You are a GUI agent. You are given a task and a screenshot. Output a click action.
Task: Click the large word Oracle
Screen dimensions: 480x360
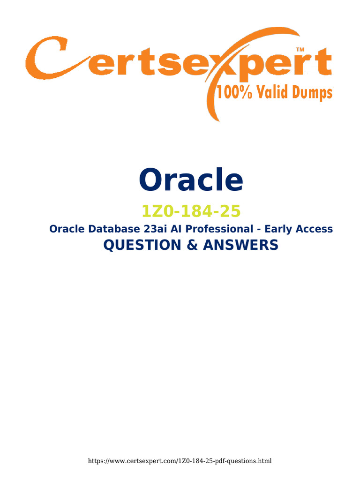tap(191, 180)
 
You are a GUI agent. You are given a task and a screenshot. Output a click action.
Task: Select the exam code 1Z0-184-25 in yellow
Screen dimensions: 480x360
tap(191, 211)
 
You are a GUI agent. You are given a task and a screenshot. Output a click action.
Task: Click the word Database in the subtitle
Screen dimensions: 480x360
tap(111, 229)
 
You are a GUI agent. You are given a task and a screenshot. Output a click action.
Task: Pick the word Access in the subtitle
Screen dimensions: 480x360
tap(315, 229)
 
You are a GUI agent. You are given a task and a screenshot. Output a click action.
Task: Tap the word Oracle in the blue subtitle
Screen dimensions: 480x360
tap(66, 229)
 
